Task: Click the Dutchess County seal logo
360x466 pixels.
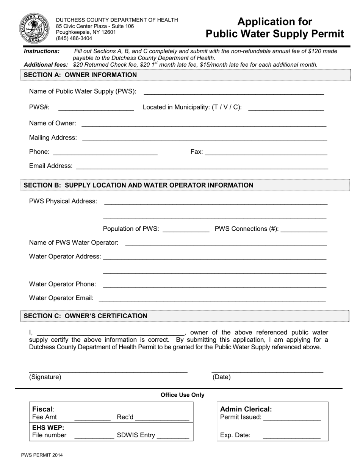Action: coord(34,28)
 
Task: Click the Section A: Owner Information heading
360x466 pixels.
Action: coord(80,75)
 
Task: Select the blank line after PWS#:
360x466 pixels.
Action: coord(96,107)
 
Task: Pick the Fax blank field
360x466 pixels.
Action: coord(266,152)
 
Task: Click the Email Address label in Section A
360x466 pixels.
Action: coord(51,166)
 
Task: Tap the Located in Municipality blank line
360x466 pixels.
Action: coord(286,107)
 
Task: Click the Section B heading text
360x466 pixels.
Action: coord(139,185)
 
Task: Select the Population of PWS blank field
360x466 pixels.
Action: coord(185,229)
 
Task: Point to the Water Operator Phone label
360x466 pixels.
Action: coord(63,284)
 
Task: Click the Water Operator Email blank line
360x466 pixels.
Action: coord(212,298)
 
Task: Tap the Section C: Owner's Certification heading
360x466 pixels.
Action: coord(86,316)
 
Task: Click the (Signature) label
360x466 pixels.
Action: coord(45,377)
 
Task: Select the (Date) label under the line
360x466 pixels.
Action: coord(221,377)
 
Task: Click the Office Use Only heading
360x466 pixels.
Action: coord(182,395)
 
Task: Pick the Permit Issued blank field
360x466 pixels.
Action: coord(292,418)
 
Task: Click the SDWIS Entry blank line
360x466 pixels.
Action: coord(173,435)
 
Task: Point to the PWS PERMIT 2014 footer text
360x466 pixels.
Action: coord(42,455)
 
